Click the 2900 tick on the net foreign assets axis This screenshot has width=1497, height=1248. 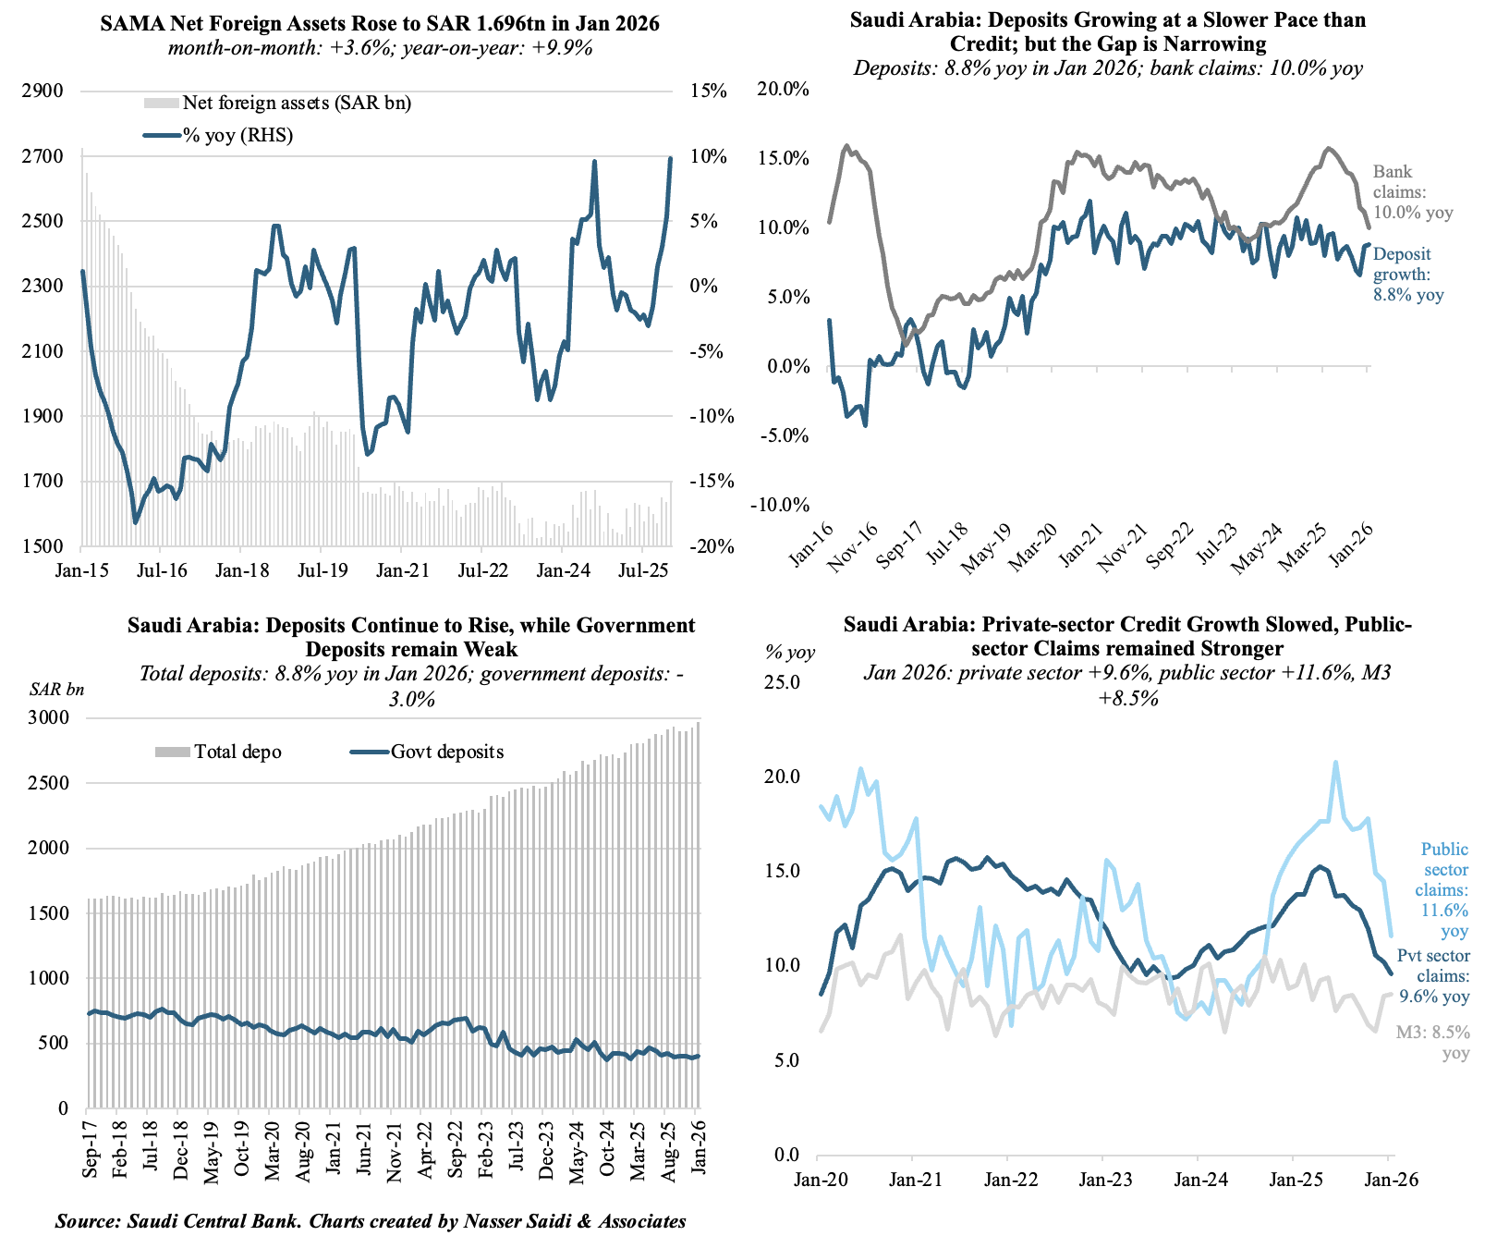click(x=44, y=92)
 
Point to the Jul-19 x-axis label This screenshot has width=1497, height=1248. click(x=323, y=570)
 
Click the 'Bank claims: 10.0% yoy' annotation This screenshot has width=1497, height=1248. click(x=1412, y=192)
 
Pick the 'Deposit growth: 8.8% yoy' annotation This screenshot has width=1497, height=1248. click(x=1407, y=275)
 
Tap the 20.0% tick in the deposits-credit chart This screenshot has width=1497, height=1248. click(x=783, y=89)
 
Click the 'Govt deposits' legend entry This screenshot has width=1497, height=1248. click(x=428, y=752)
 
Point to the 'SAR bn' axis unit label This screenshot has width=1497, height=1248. click(x=56, y=689)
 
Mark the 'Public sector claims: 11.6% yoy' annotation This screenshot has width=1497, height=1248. click(x=1444, y=890)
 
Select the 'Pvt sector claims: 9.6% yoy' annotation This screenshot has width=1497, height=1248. click(x=1433, y=976)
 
